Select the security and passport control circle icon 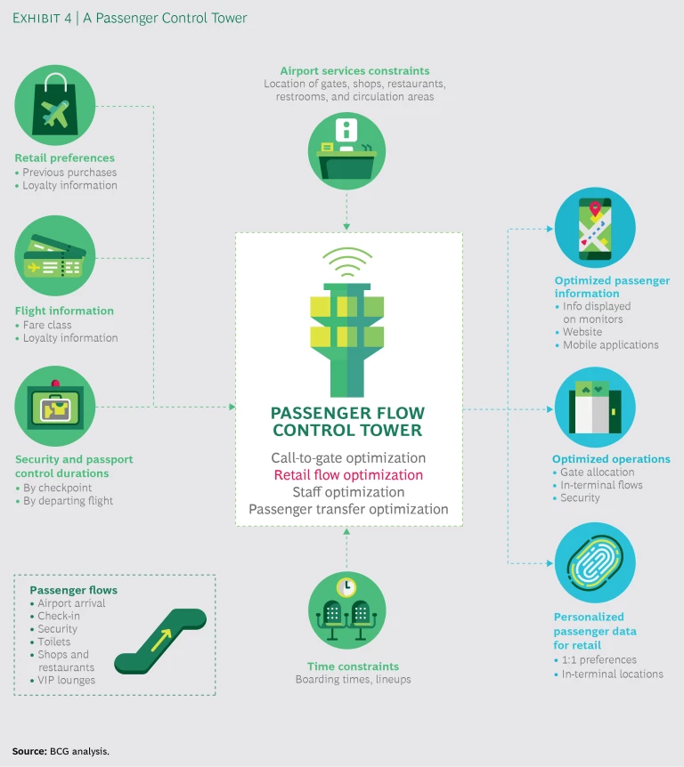pyautogui.click(x=54, y=407)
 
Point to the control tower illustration pyautogui.click(x=347, y=328)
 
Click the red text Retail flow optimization pyautogui.click(x=348, y=475)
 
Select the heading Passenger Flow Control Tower pyautogui.click(x=348, y=422)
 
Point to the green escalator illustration pyautogui.click(x=160, y=641)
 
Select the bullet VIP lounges pyautogui.click(x=67, y=680)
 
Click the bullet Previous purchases pyautogui.click(x=69, y=173)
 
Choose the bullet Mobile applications pyautogui.click(x=611, y=344)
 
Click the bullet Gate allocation pyautogui.click(x=598, y=472)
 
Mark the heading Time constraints pyautogui.click(x=353, y=666)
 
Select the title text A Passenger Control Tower pyautogui.click(x=166, y=19)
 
